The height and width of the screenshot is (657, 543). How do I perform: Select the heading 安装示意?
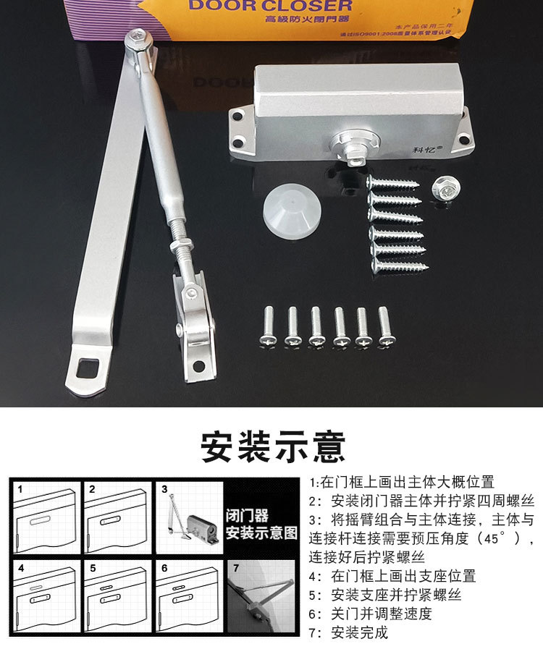coord(273,446)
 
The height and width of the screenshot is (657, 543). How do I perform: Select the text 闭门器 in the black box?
coord(247,516)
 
